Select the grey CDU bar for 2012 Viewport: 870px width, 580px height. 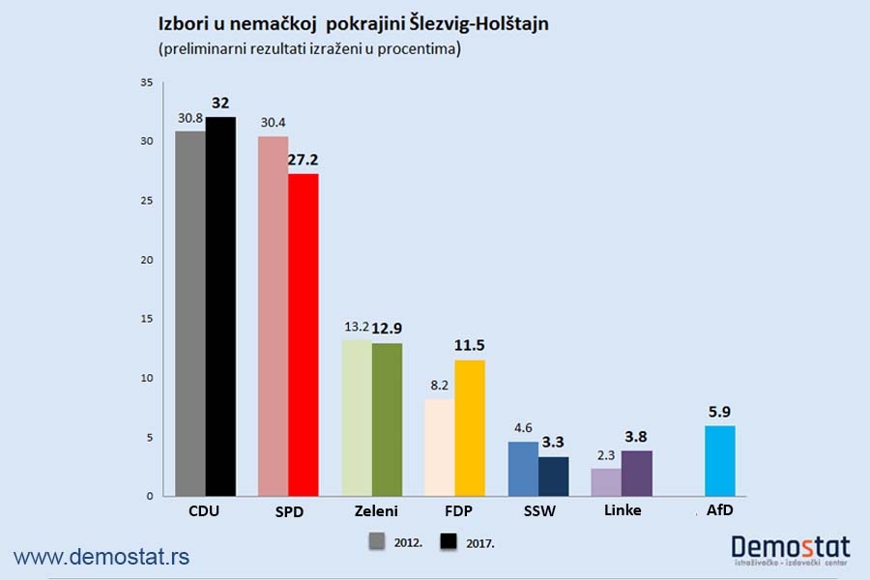pos(189,313)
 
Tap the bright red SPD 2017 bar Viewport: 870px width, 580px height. pos(303,334)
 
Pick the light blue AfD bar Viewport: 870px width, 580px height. pos(720,460)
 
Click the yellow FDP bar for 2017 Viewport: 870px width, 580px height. pos(470,427)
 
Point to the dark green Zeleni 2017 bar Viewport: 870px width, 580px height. pos(387,420)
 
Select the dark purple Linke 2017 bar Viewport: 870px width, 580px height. pos(637,473)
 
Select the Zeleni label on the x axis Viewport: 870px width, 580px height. pos(371,510)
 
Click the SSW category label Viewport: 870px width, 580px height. pos(537,510)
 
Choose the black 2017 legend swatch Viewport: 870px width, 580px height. pos(450,542)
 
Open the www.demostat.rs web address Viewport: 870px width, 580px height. pos(101,556)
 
